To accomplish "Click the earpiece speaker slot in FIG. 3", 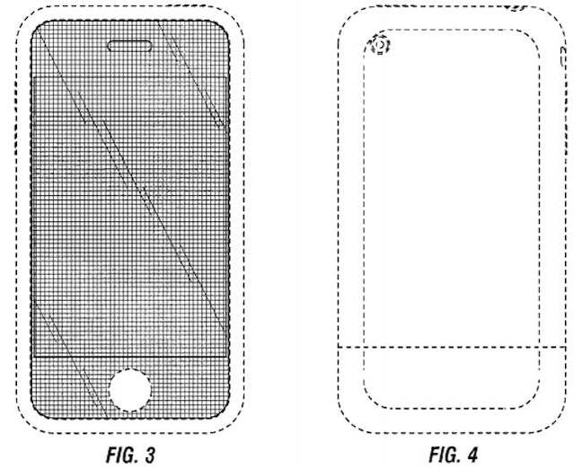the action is tap(129, 46).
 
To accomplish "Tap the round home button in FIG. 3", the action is tap(130, 390).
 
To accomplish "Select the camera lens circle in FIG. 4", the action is tap(380, 45).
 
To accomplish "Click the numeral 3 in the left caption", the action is tap(149, 455).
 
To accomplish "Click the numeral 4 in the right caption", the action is tap(472, 455).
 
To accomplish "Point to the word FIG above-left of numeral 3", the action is tap(119, 455).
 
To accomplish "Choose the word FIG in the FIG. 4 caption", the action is tap(442, 455).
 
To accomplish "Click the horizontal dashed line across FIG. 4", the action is tap(452, 347).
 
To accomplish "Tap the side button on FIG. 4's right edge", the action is tap(563, 57).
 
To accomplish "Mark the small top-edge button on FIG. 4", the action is tap(518, 8).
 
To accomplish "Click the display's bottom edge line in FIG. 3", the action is tap(130, 357).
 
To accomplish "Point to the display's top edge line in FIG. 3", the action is tap(130, 77).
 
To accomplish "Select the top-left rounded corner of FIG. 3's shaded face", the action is tap(36, 26).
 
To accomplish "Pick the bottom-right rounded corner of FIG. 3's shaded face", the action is tap(224, 413).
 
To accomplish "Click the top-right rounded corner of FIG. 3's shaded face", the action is tap(225, 26).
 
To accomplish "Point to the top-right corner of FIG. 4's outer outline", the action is tap(558, 14).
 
